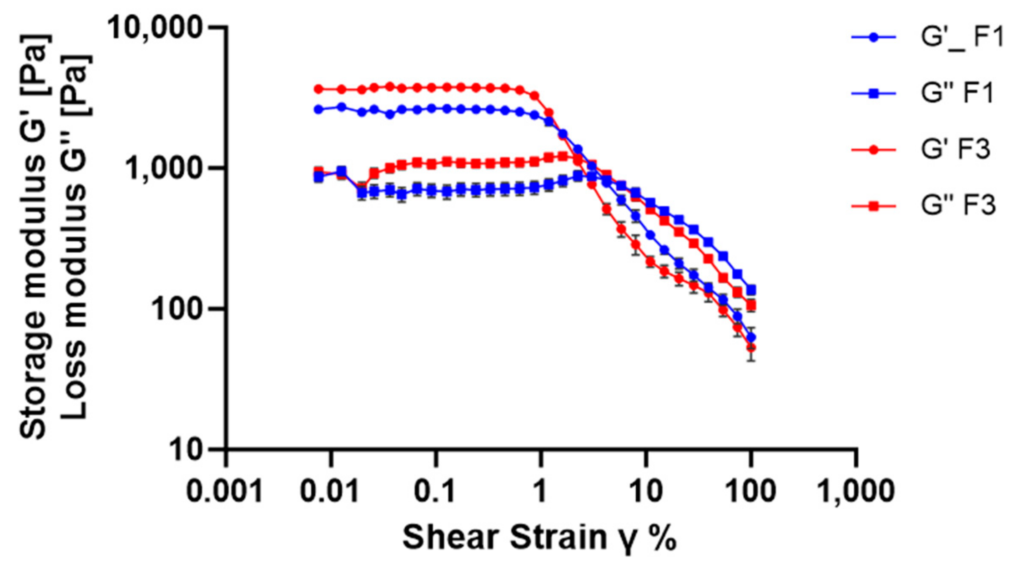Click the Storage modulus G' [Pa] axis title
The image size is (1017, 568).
(34, 237)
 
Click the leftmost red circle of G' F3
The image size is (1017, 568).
(318, 89)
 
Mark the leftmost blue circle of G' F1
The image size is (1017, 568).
(318, 110)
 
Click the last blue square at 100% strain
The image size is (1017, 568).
(751, 289)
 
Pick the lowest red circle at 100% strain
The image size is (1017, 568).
(751, 348)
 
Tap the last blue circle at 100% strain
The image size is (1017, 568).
(751, 337)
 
